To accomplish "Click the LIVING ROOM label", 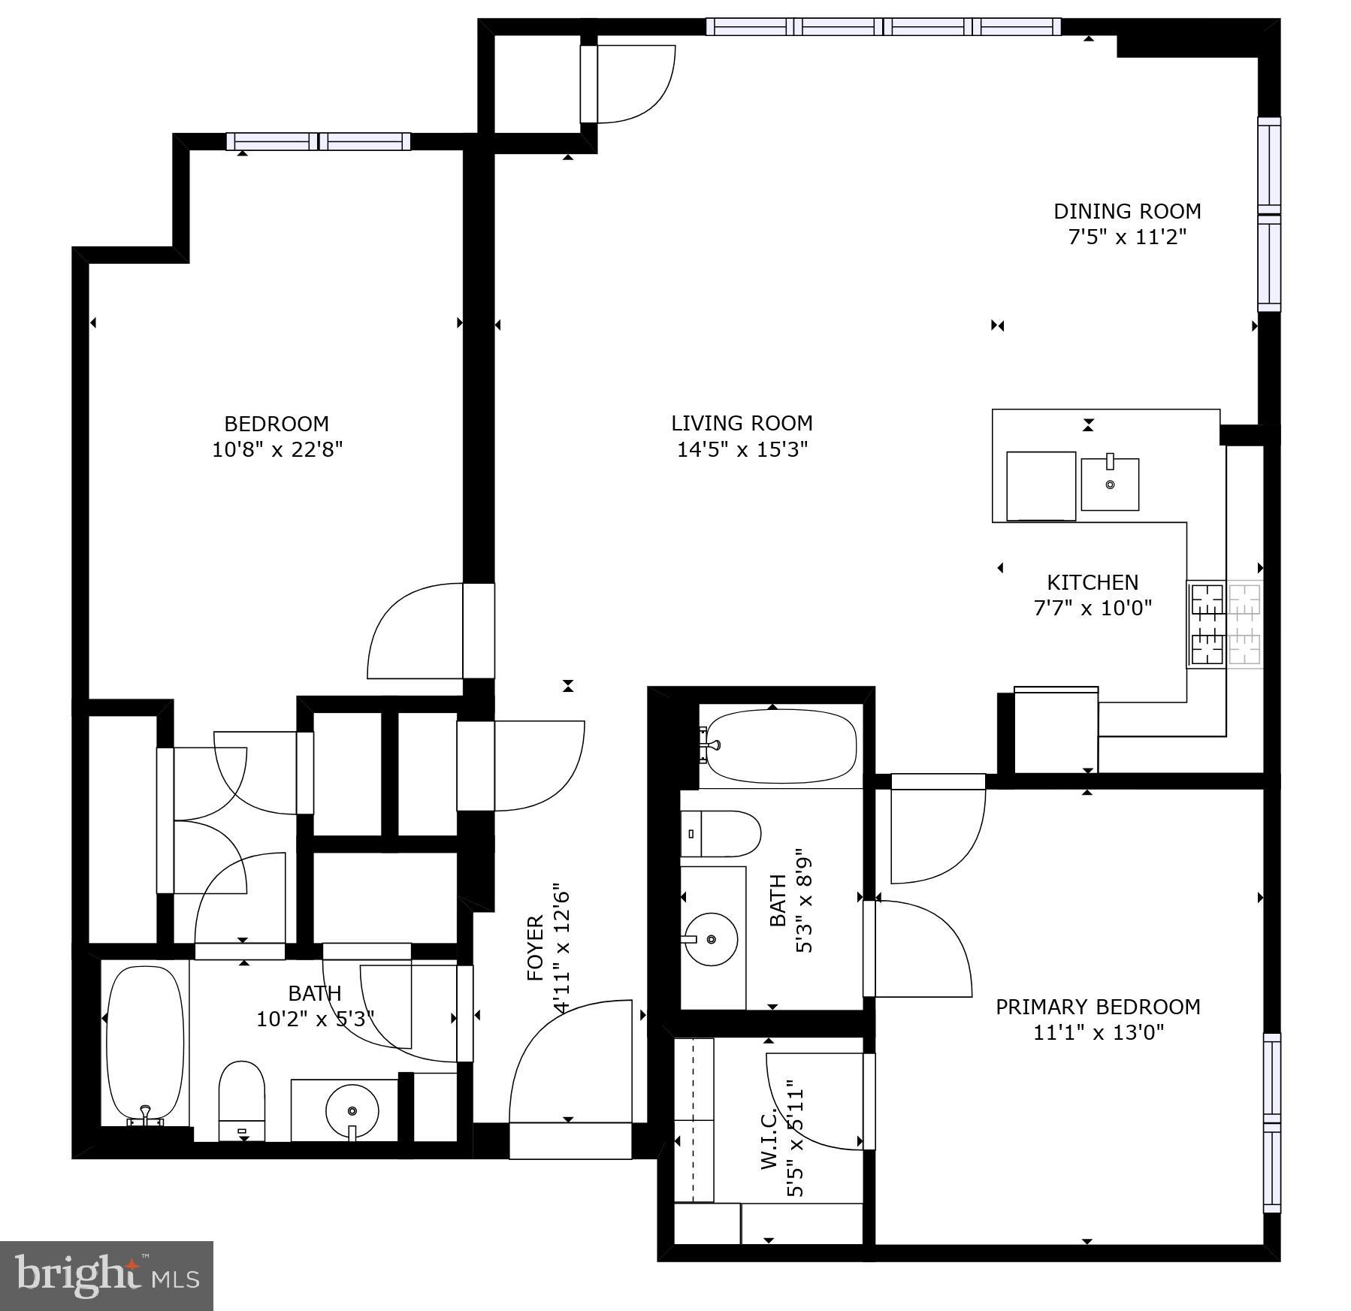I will (x=742, y=423).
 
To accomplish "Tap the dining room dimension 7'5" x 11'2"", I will (x=1126, y=237).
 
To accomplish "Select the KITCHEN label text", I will (x=1092, y=582).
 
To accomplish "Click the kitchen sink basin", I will (x=1110, y=485).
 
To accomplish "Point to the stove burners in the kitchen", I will (x=1224, y=624).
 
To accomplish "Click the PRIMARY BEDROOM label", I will (x=1097, y=1007).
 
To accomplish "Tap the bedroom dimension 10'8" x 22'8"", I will (x=277, y=450).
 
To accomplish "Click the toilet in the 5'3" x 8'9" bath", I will (x=720, y=834).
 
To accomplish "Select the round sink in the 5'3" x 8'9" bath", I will (x=711, y=939).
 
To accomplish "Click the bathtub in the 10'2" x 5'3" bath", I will (x=145, y=1044).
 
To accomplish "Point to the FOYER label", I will (x=535, y=948).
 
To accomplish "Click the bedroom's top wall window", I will (x=319, y=141).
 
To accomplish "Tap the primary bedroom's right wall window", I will (x=1271, y=1122).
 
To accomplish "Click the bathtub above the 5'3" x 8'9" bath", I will (x=781, y=745).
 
